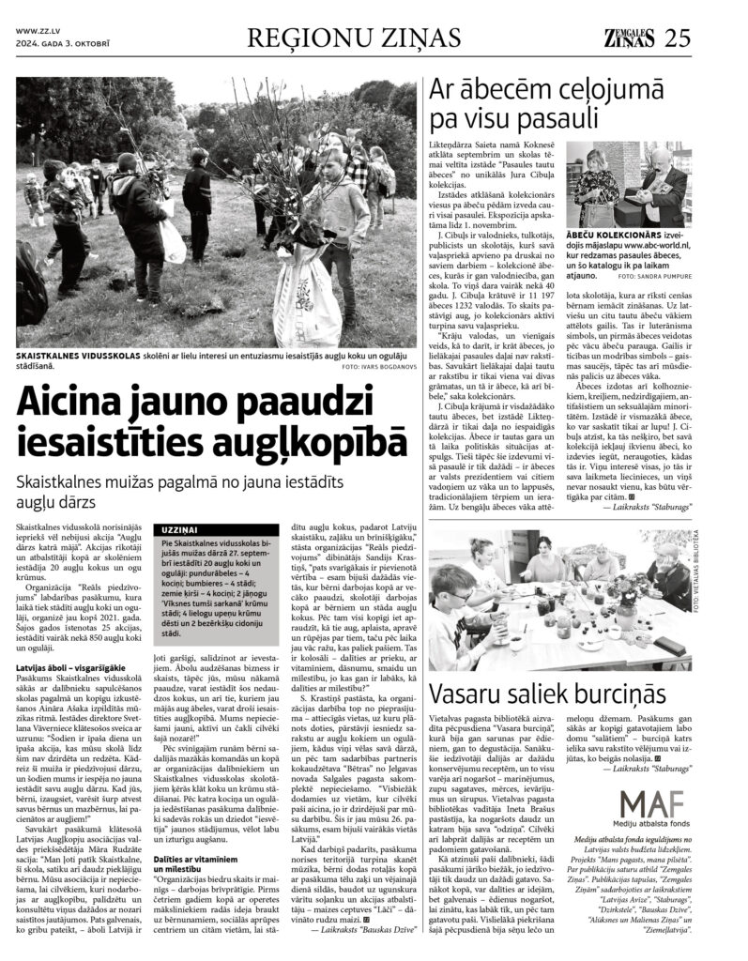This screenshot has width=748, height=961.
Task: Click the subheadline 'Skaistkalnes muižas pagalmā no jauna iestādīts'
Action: click(188, 507)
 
